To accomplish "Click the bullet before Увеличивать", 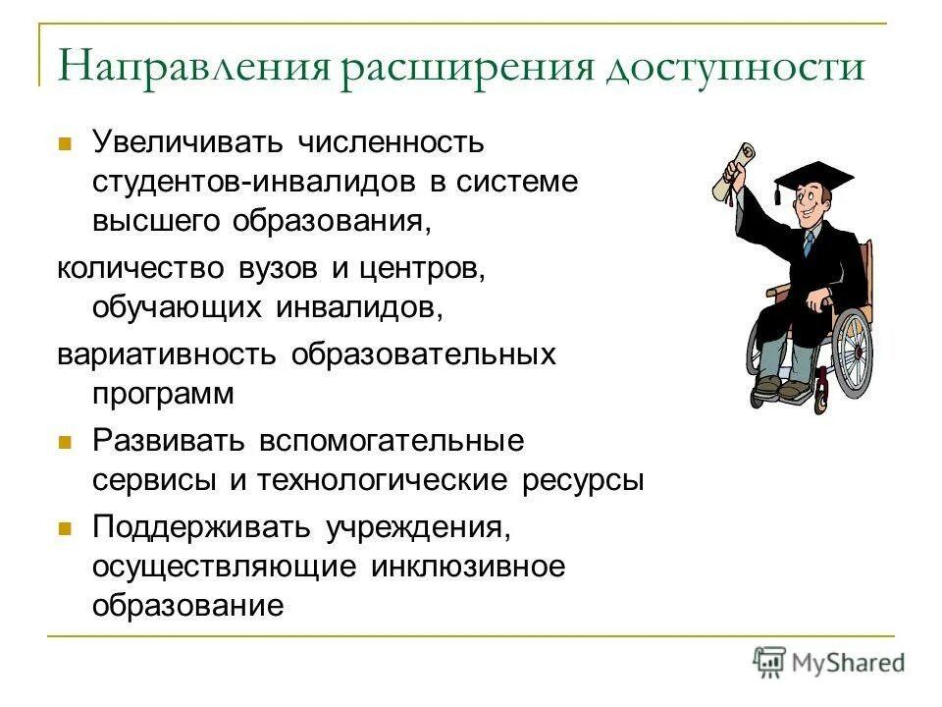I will tap(66, 143).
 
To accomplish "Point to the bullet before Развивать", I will tap(66, 443).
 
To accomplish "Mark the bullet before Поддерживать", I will tap(66, 528).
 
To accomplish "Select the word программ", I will tap(164, 394).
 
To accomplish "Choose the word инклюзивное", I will tap(469, 568).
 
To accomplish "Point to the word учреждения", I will tap(416, 527).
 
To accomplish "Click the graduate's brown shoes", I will tap(780, 391).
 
